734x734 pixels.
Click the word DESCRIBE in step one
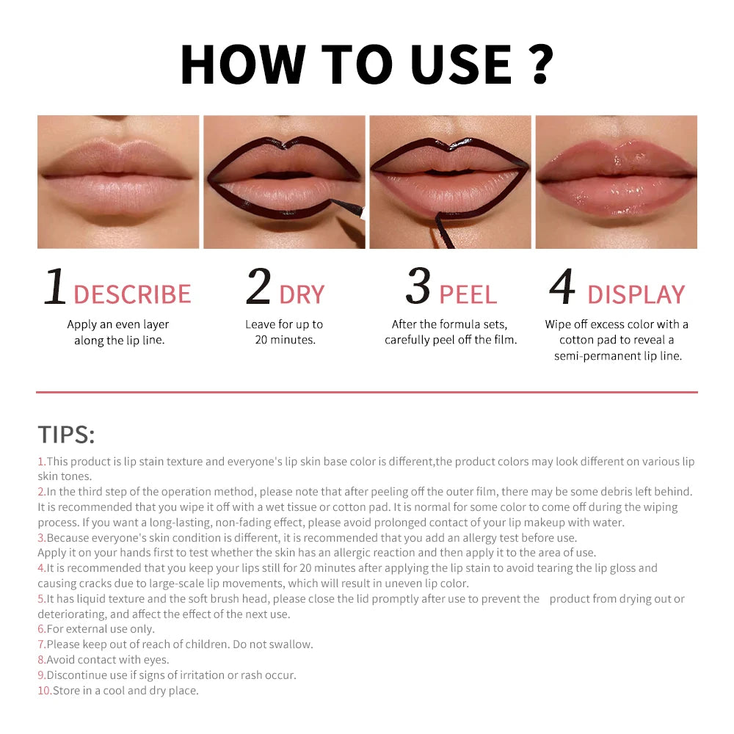pyautogui.click(x=132, y=294)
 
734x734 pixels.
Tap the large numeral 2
pyautogui.click(x=258, y=287)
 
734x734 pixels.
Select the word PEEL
pyautogui.click(x=468, y=294)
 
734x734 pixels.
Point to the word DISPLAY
pyautogui.click(x=636, y=294)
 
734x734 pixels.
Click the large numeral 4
pyautogui.click(x=562, y=287)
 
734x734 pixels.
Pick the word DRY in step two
pyautogui.click(x=302, y=294)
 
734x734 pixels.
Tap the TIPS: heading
pyautogui.click(x=66, y=435)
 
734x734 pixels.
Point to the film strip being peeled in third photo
pyautogui.click(x=442, y=228)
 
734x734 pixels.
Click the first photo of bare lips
pyautogui.click(x=118, y=181)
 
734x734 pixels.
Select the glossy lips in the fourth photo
pyautogui.click(x=617, y=181)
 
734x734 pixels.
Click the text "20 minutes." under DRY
pyautogui.click(x=286, y=340)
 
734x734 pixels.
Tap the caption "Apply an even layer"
pyautogui.click(x=118, y=324)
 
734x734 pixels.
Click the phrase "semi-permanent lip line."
pyautogui.click(x=617, y=356)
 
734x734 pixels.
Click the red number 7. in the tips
pyautogui.click(x=42, y=644)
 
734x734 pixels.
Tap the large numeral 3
pyautogui.click(x=418, y=287)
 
